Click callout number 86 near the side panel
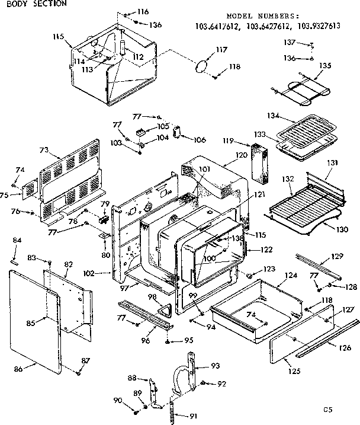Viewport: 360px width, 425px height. (18, 369)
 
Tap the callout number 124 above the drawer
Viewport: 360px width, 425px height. (274, 276)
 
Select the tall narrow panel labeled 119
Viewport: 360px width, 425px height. (259, 161)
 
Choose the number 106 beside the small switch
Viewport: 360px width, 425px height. (199, 139)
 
